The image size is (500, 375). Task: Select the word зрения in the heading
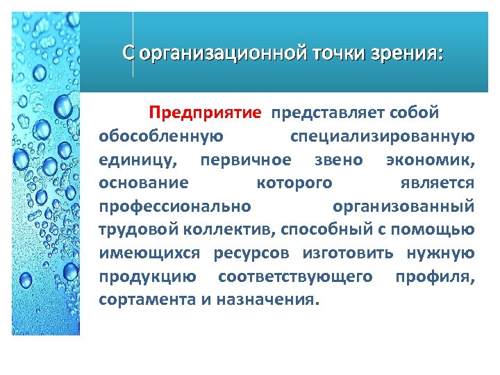(409, 53)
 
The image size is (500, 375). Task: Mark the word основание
(144, 183)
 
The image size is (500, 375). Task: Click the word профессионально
(174, 207)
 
